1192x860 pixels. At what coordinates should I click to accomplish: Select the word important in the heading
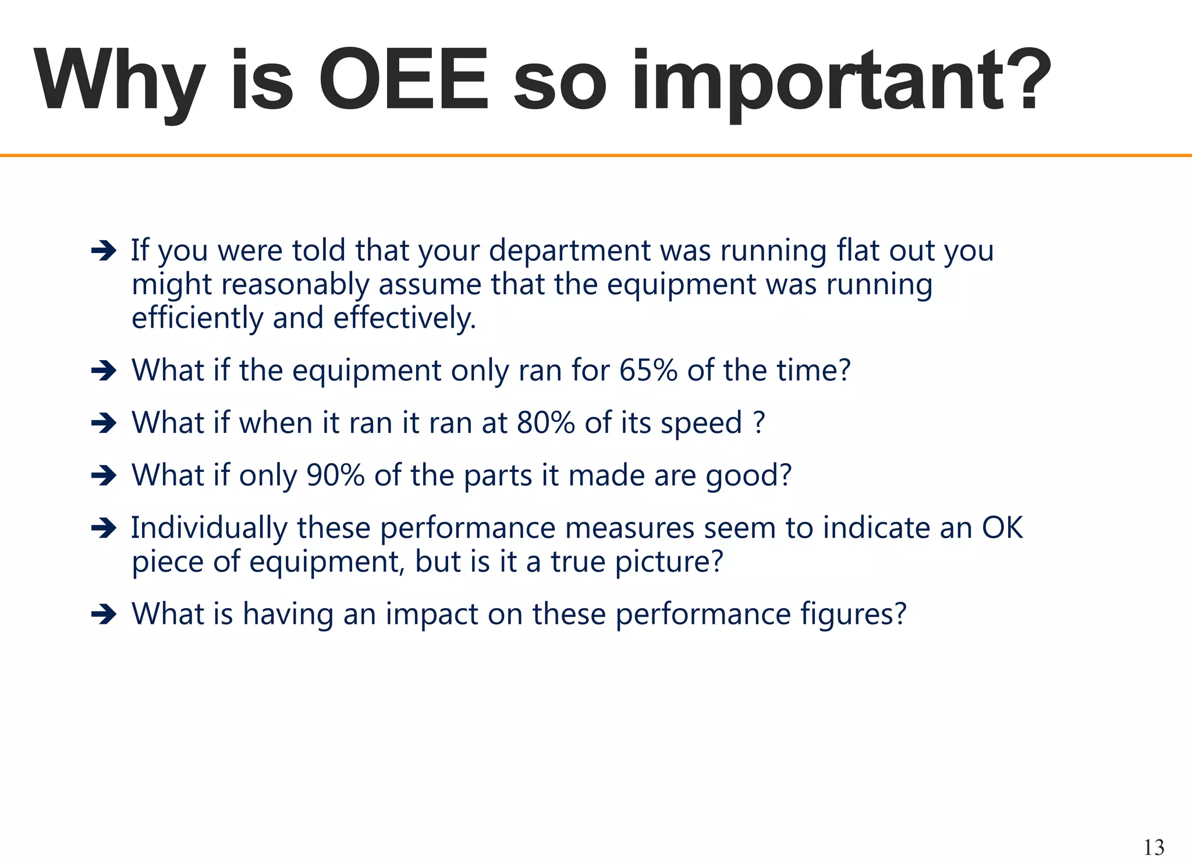tap(818, 81)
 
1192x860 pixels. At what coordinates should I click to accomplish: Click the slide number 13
tap(1154, 847)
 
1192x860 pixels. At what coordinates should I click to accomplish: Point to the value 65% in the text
tap(648, 370)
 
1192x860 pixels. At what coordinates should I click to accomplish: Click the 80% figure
tap(545, 422)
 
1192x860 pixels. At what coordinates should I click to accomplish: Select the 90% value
tap(335, 475)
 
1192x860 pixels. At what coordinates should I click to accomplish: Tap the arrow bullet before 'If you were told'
tap(104, 251)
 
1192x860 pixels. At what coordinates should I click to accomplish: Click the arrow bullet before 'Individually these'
tap(104, 528)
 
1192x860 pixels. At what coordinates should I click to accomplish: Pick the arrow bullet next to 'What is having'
tap(104, 614)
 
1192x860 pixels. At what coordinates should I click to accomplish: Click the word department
tap(569, 251)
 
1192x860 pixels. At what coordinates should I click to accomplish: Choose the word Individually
tap(209, 528)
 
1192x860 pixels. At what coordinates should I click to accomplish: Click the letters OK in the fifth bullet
tap(1002, 528)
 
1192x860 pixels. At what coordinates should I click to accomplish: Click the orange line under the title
tap(596, 155)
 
